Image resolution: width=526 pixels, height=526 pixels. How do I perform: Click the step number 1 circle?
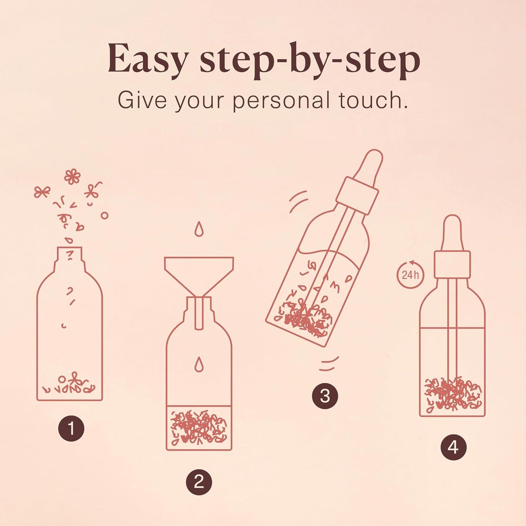click(71, 428)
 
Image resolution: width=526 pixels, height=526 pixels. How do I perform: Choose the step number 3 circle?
click(325, 396)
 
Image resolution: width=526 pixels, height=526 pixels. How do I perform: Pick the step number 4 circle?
click(453, 447)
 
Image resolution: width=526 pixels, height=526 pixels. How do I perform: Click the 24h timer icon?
click(410, 274)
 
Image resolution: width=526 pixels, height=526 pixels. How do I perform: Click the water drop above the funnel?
click(199, 229)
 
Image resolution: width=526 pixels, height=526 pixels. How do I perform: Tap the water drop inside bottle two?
click(199, 364)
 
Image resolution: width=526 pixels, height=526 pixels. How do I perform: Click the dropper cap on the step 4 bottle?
click(452, 264)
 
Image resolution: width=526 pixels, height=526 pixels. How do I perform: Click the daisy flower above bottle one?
click(72, 177)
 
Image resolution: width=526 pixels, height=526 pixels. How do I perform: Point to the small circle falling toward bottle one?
click(104, 215)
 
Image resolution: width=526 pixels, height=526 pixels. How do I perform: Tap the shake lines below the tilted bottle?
click(329, 364)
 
